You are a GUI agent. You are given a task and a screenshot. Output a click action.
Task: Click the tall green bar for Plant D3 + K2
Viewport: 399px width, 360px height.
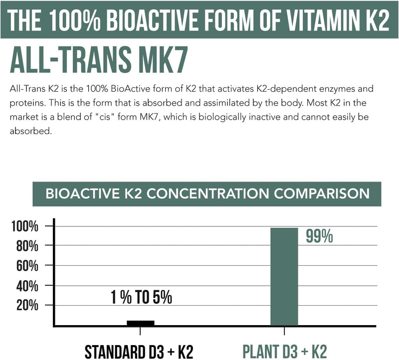point(284,277)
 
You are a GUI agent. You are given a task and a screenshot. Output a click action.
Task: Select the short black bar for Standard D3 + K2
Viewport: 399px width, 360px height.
point(140,323)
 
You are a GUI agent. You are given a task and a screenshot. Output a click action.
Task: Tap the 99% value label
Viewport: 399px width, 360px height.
point(319,236)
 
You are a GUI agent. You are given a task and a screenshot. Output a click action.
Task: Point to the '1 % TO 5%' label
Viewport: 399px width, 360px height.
point(141,298)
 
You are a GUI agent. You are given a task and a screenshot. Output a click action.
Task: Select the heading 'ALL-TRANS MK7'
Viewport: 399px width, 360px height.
point(98,61)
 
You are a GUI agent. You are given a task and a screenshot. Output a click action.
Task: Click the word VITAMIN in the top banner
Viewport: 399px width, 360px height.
point(318,19)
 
